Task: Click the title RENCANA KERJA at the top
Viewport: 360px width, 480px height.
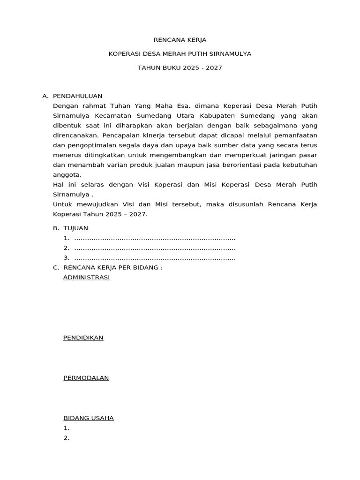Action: coord(180,40)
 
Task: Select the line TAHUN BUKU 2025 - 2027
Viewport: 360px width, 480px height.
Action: coord(180,68)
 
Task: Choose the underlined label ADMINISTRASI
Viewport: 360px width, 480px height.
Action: coord(86,277)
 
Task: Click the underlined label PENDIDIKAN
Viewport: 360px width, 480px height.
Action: coord(83,337)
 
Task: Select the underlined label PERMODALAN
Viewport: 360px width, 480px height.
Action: coord(86,378)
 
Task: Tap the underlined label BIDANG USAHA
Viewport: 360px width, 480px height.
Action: coord(89,418)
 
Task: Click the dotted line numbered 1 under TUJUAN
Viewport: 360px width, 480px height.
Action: coord(155,238)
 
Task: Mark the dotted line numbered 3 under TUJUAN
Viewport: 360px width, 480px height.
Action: coord(155,258)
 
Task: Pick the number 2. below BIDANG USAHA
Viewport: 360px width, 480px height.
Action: coord(67,438)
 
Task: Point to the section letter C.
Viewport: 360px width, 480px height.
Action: coord(56,268)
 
